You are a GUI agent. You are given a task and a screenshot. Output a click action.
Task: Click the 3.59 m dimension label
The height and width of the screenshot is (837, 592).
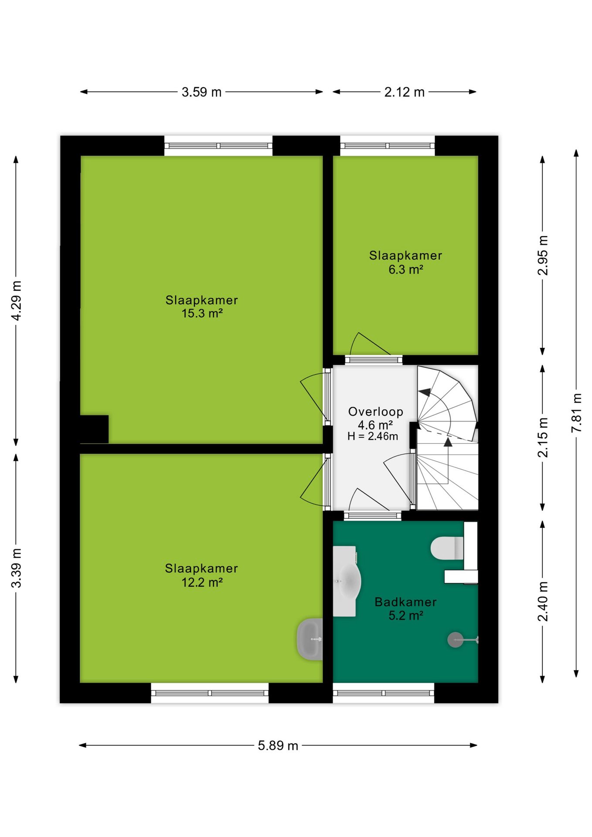pyautogui.click(x=201, y=92)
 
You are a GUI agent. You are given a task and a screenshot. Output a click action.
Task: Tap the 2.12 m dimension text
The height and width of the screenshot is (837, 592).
pyautogui.click(x=404, y=92)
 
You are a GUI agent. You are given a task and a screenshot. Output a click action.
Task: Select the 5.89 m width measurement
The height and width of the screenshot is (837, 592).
pyautogui.click(x=278, y=745)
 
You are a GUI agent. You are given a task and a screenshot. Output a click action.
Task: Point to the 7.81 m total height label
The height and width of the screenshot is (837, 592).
pyautogui.click(x=576, y=412)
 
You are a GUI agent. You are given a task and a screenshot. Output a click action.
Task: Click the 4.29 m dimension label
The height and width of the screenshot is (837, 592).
pyautogui.click(x=16, y=300)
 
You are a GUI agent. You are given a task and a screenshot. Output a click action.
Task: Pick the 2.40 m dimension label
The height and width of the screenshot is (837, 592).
pyautogui.click(x=543, y=602)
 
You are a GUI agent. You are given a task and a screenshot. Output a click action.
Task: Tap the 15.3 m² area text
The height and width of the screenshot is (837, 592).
pyautogui.click(x=202, y=313)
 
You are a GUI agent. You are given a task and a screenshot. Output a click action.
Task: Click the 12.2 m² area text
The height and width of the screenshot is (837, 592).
pyautogui.click(x=202, y=582)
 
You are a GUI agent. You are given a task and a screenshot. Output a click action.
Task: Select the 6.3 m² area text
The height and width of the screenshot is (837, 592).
pyautogui.click(x=406, y=269)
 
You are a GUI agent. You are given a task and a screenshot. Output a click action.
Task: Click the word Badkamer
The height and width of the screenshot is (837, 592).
pyautogui.click(x=405, y=602)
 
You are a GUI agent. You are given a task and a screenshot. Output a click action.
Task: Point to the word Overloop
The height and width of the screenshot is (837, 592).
pyautogui.click(x=375, y=412)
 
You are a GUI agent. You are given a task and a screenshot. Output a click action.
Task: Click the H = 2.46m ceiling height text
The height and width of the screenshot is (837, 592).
pyautogui.click(x=373, y=436)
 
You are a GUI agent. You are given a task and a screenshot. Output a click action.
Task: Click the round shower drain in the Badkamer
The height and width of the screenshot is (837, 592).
pyautogui.click(x=456, y=640)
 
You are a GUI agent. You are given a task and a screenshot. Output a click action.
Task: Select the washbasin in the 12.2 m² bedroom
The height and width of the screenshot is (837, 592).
pyautogui.click(x=310, y=639)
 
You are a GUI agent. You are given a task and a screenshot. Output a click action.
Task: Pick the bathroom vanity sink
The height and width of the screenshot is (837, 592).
pyautogui.click(x=347, y=582)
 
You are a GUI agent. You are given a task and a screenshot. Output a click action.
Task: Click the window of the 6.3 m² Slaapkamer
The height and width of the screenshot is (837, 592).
pyautogui.click(x=388, y=146)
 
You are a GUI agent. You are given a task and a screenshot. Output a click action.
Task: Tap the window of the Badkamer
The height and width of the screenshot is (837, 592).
pyautogui.click(x=384, y=693)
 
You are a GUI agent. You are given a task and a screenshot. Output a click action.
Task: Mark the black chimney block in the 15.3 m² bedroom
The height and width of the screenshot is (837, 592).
pyautogui.click(x=94, y=429)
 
